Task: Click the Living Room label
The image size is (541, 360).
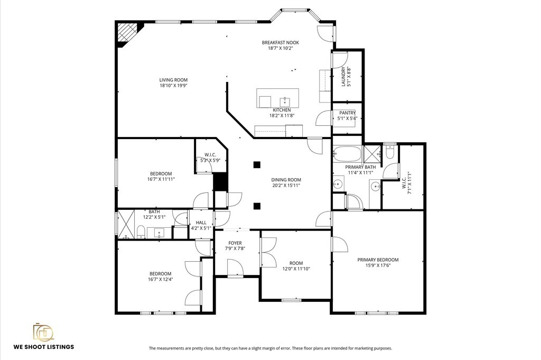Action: [173, 80]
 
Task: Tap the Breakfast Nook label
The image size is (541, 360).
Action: [280, 42]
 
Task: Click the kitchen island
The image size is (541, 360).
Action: [277, 98]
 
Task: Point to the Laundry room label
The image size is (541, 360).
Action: [343, 76]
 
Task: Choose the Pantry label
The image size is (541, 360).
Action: [347, 113]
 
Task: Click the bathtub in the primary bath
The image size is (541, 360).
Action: [347, 153]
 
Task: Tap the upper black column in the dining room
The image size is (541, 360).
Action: [256, 164]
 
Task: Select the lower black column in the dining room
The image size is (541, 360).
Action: [256, 206]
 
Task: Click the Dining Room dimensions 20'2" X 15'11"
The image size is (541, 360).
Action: [286, 186]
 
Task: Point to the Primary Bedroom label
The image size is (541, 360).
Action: [378, 260]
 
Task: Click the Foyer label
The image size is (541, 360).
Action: [235, 243]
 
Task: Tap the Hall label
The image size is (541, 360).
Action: [201, 223]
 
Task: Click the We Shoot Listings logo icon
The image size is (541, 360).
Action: [43, 331]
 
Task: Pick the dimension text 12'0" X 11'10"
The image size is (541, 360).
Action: [296, 269]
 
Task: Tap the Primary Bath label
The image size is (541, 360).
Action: [360, 167]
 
